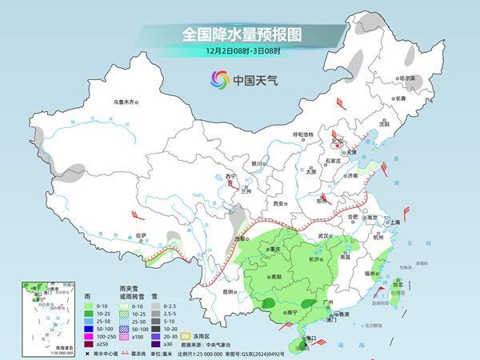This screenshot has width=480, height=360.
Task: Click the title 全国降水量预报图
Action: pyautogui.click(x=240, y=34)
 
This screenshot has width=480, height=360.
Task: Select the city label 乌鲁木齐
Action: pyautogui.click(x=126, y=102)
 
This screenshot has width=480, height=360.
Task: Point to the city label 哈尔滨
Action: pyautogui.click(x=408, y=78)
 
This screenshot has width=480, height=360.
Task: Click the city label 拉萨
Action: pyautogui.click(x=141, y=235)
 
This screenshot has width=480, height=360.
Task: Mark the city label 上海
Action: pyautogui.click(x=394, y=222)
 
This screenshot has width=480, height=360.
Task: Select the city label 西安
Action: pyautogui.click(x=278, y=204)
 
